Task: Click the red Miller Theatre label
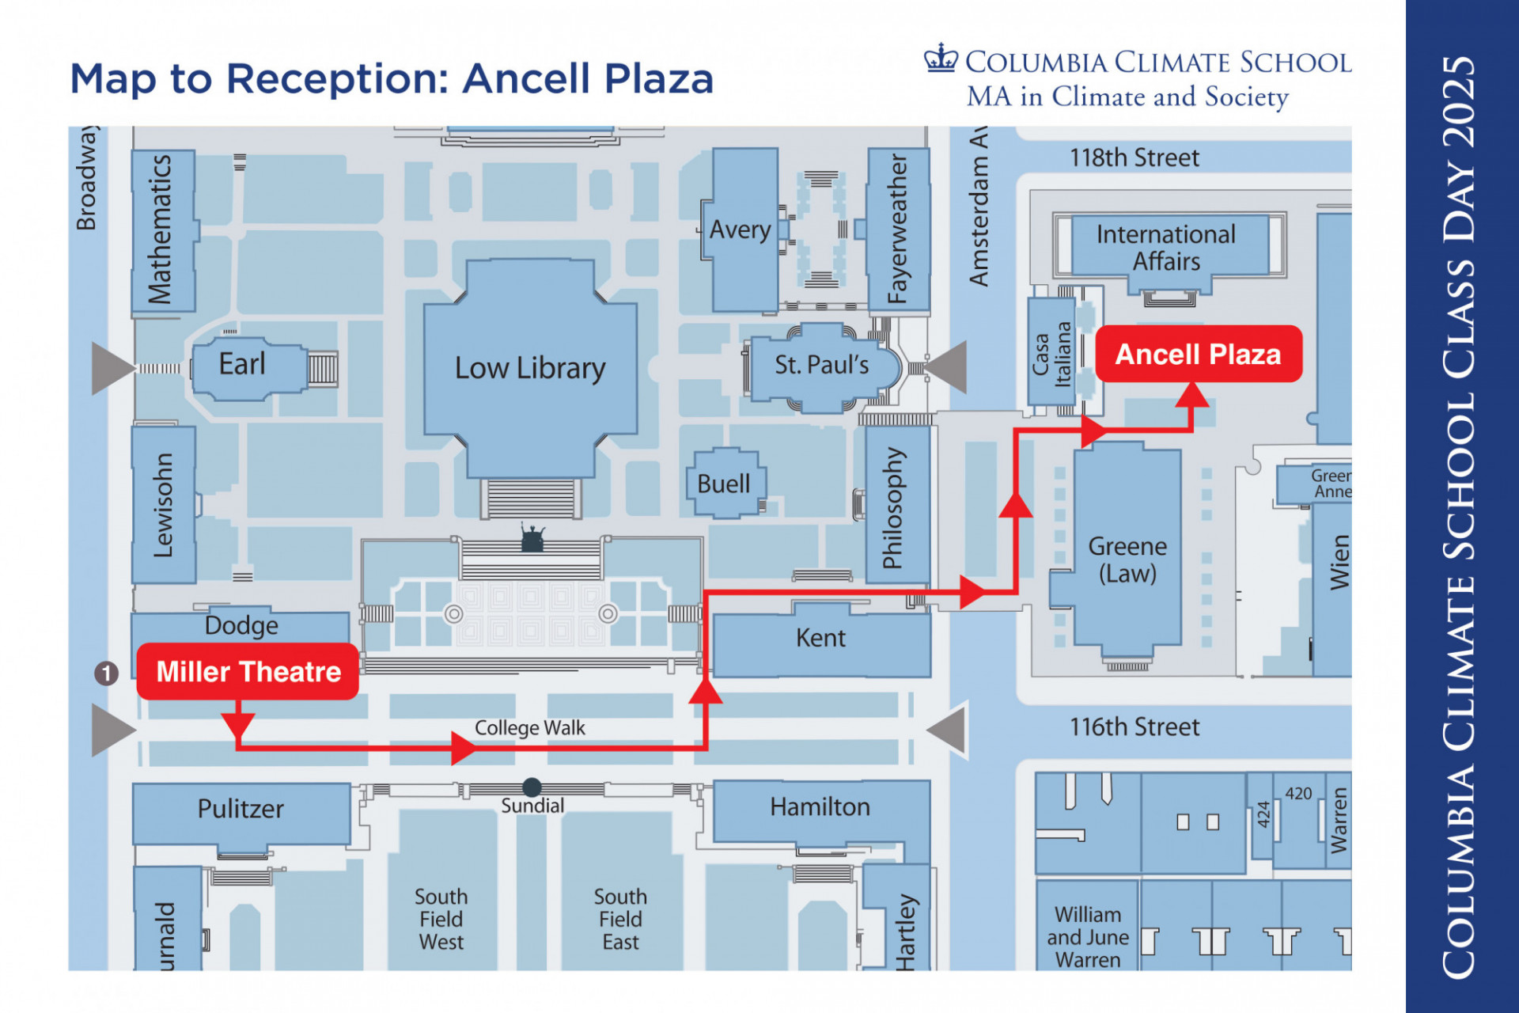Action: pos(248,671)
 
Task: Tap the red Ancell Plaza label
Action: pos(1198,354)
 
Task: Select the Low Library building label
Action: pos(529,368)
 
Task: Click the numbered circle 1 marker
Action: pos(107,673)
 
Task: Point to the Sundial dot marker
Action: pos(532,787)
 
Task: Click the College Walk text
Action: pos(529,727)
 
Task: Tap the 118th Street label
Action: pos(1134,157)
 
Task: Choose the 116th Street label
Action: pos(1134,727)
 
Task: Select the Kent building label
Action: pos(820,638)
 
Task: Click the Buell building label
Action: pos(723,484)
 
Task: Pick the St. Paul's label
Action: pos(821,365)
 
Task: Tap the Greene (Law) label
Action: pos(1127,560)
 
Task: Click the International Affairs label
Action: pos(1165,248)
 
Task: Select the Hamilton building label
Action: pos(820,806)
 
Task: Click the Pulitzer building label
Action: pos(241,809)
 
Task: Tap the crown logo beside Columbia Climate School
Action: pos(941,59)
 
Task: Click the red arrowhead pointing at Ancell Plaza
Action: pos(1191,394)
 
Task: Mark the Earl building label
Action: pos(241,364)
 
